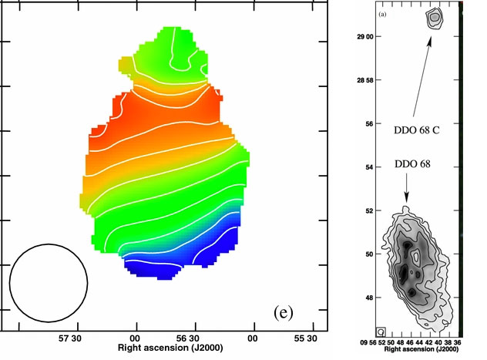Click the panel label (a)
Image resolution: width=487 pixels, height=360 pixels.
click(381, 15)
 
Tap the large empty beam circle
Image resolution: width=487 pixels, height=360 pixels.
click(48, 282)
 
